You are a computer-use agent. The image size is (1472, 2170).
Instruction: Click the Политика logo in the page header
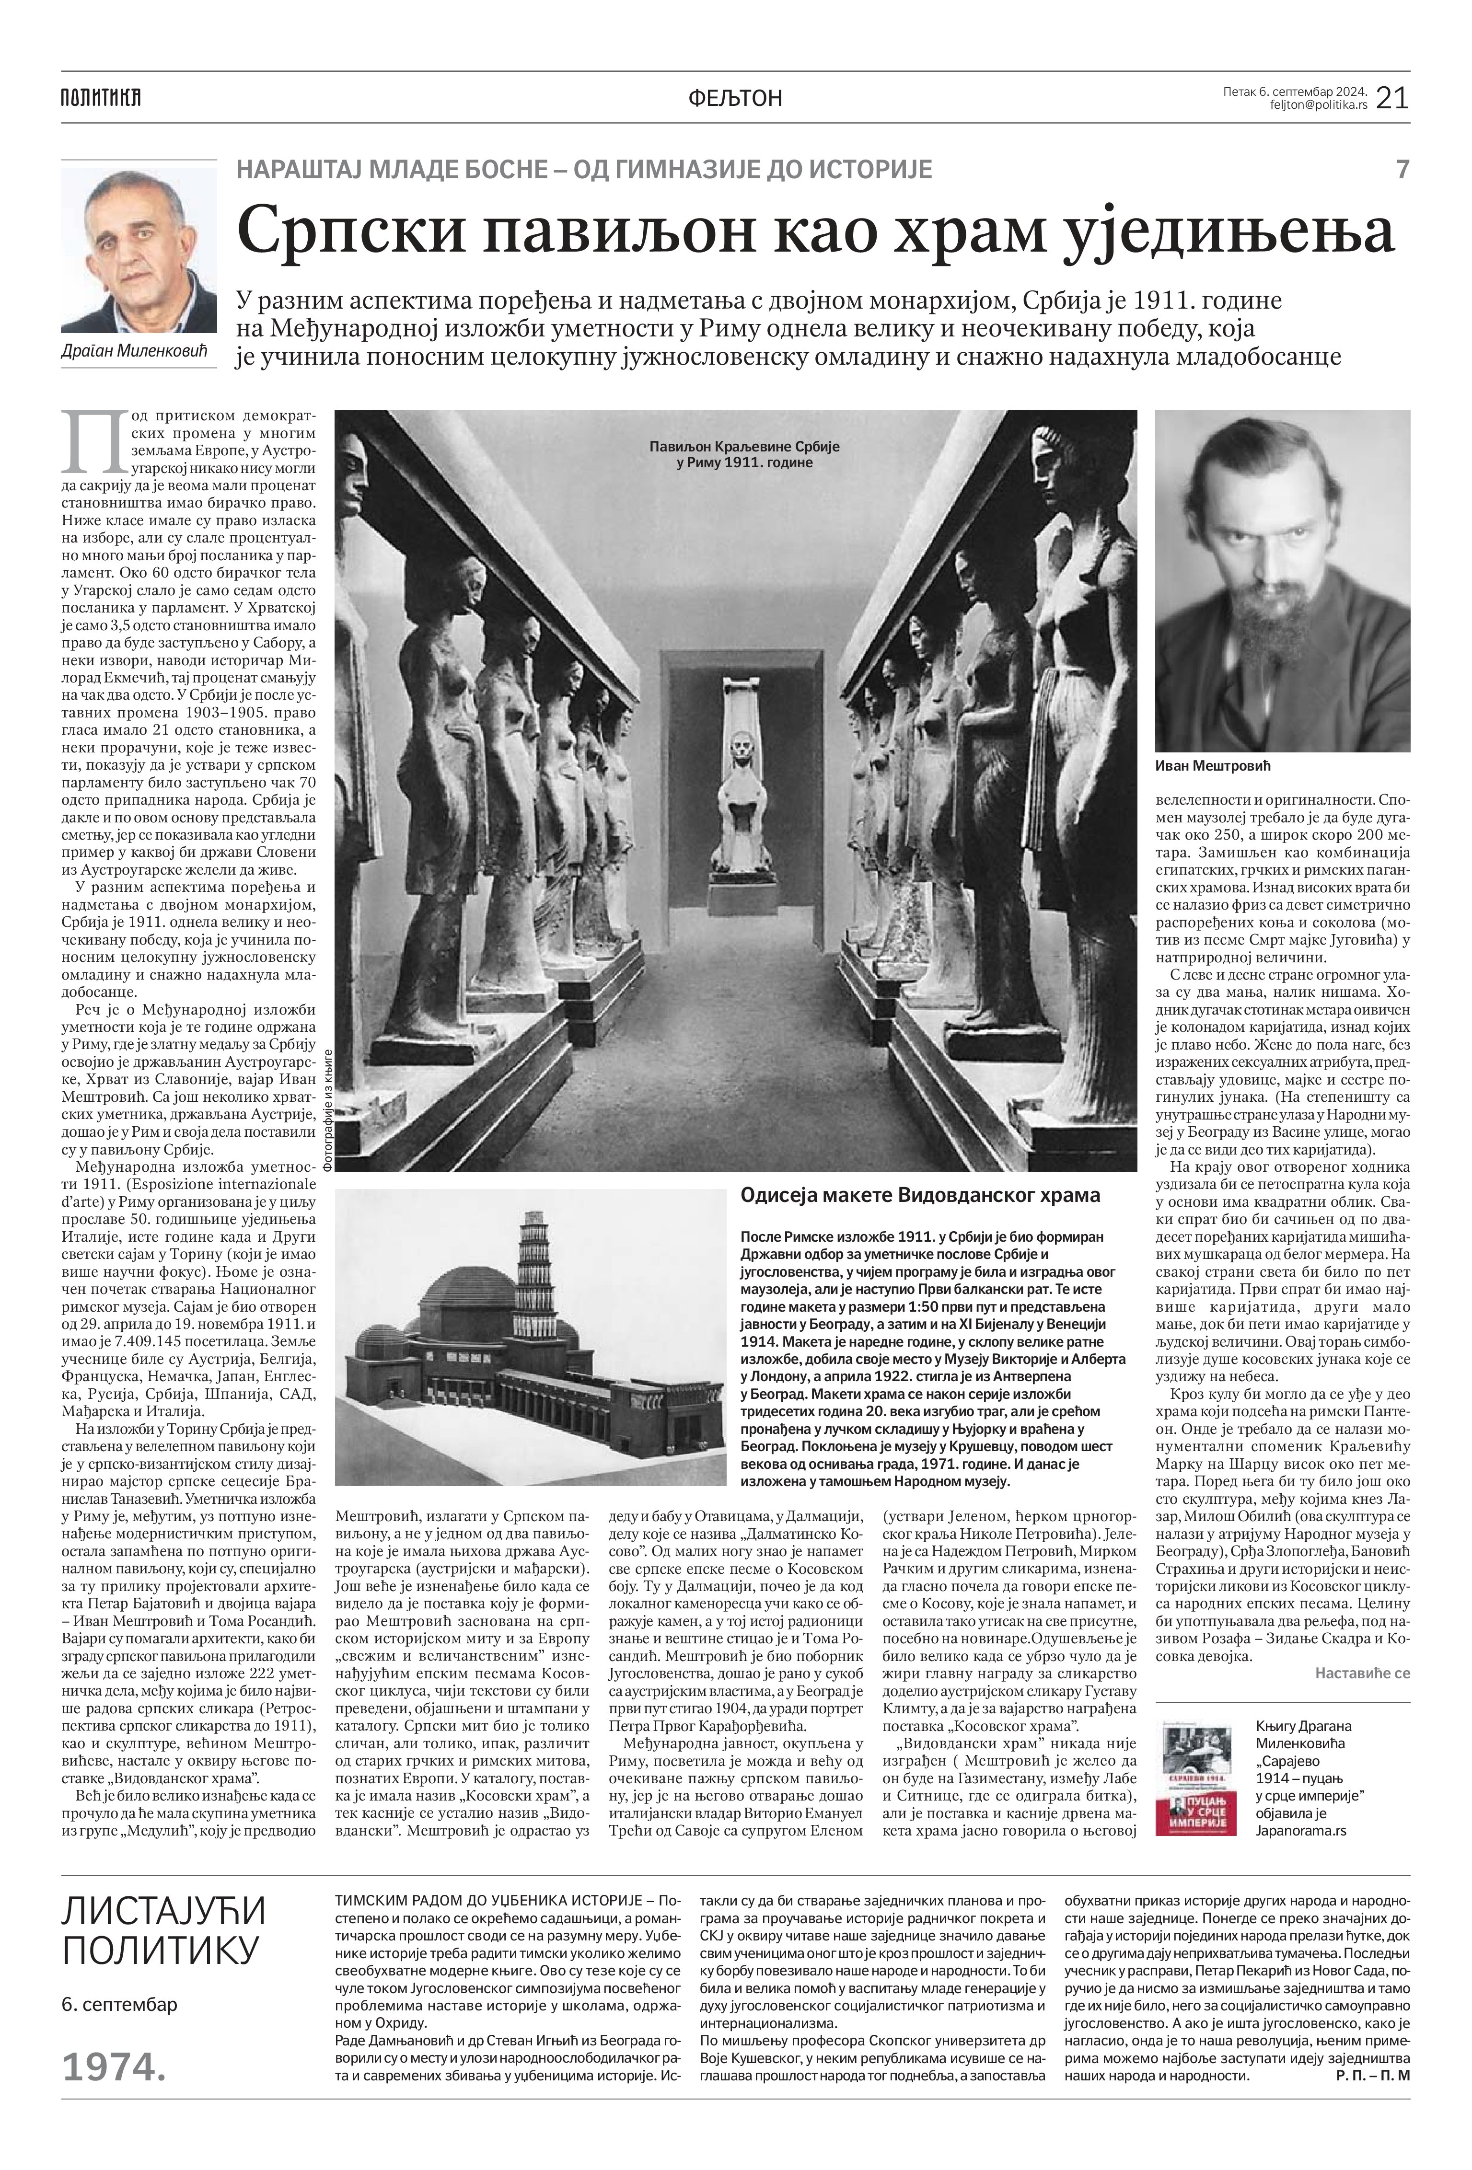click(100, 97)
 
